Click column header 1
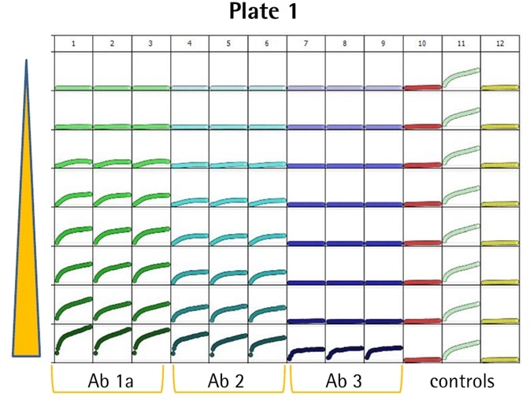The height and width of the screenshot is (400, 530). pos(73,44)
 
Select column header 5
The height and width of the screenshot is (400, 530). pos(228,44)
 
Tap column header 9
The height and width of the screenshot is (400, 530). pos(384,44)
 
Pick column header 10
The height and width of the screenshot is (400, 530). pos(422,44)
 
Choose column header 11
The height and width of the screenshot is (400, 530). pos(461,44)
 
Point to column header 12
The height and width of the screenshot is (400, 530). pos(499,44)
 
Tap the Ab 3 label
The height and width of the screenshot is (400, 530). pos(345,382)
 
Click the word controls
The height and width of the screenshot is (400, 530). pos(462,382)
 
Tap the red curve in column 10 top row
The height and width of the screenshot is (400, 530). pos(422,87)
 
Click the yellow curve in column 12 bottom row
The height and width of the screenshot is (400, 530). pos(499,359)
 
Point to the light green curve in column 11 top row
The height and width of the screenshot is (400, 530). pos(461,75)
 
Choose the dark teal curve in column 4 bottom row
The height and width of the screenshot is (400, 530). pos(190,341)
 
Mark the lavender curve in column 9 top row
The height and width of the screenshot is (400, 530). pos(384,87)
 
